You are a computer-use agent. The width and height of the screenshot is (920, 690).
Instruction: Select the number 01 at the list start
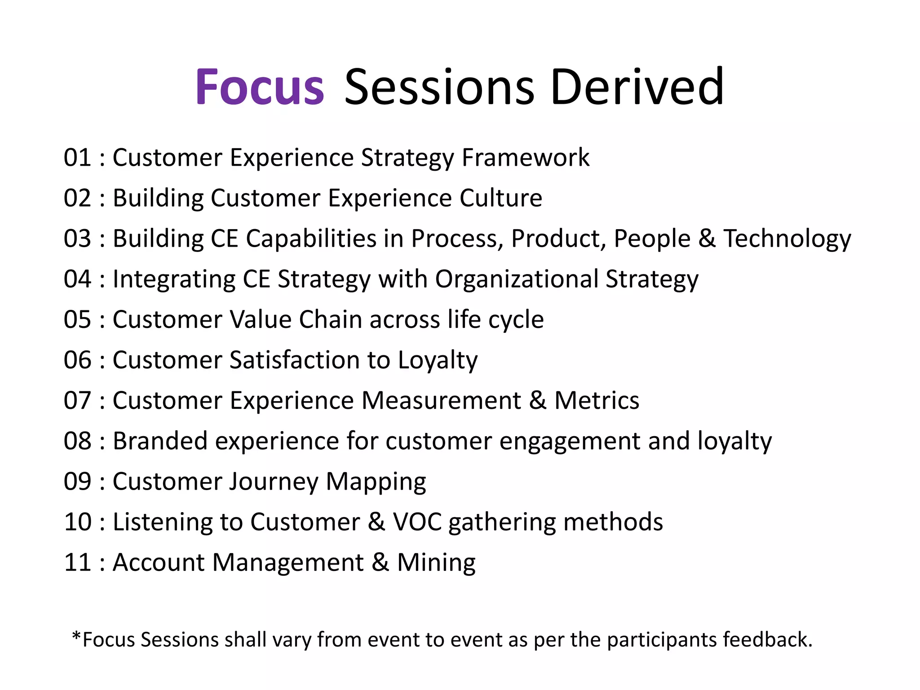[77, 158]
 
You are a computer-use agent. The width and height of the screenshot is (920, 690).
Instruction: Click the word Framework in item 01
[525, 158]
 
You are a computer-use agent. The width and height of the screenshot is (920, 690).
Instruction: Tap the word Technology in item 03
[787, 239]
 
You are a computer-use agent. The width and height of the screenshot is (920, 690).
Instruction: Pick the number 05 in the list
[77, 319]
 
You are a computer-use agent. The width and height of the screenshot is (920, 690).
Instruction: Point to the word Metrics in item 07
[596, 400]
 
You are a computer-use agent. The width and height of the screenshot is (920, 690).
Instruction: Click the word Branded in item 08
[160, 441]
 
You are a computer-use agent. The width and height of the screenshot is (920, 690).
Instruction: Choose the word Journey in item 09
[274, 482]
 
